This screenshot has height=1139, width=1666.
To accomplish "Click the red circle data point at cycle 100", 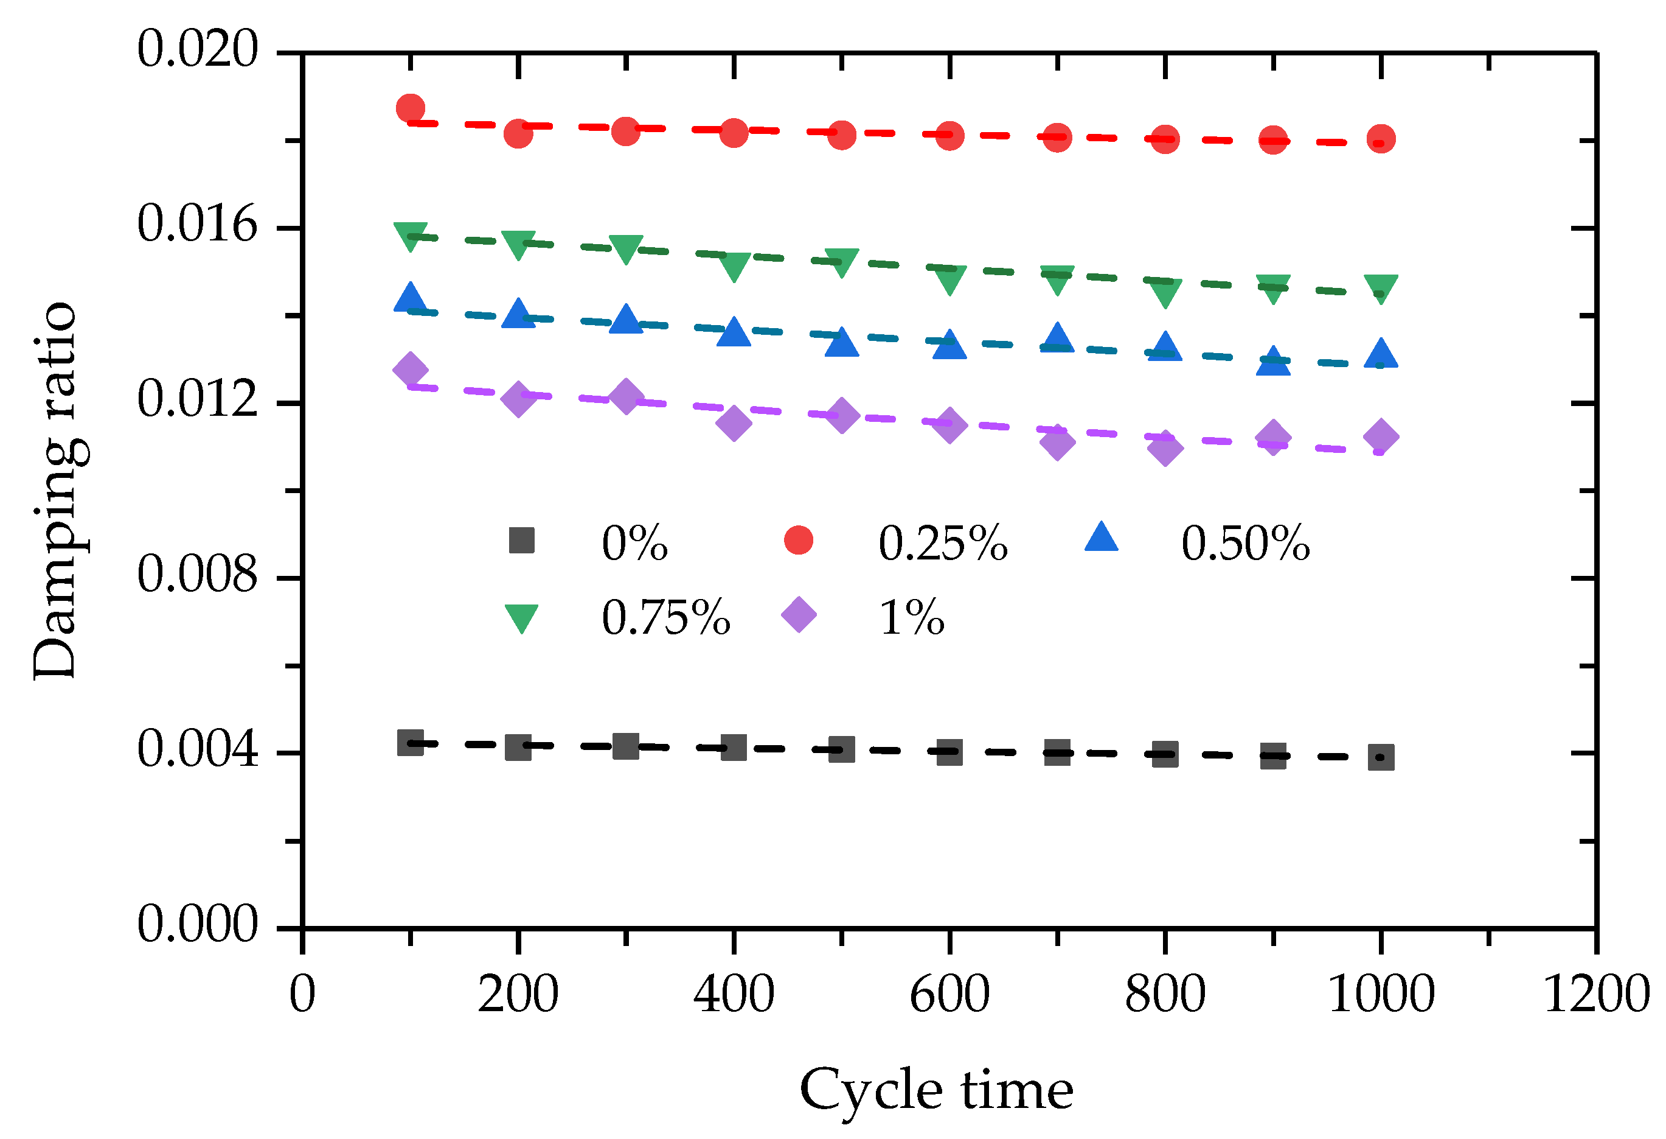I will coord(410,108).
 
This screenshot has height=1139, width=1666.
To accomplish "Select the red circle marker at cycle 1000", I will coord(1381,138).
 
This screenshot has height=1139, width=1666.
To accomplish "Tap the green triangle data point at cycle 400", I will coord(734,266).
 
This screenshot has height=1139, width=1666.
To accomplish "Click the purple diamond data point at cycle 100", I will coord(410,370).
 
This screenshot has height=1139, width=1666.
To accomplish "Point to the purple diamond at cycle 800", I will coord(1165,447).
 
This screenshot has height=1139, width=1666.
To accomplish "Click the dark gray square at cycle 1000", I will coord(1381,757).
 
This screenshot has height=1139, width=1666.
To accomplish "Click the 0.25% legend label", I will coord(943,544).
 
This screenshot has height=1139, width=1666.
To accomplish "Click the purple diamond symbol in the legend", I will coord(799,615).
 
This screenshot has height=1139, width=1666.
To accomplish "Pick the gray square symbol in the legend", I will coord(521,540).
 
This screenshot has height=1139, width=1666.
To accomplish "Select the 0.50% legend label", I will coord(1245,544).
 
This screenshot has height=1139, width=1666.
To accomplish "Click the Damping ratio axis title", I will coord(55,491).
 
